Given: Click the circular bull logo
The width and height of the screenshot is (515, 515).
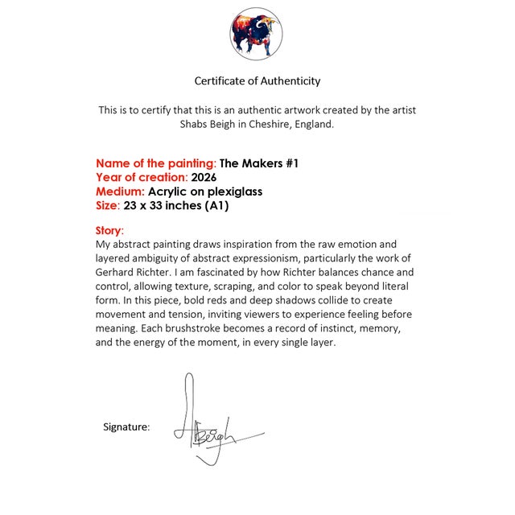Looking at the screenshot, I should pyautogui.click(x=257, y=34).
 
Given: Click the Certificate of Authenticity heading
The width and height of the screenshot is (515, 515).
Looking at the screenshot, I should pyautogui.click(x=257, y=81).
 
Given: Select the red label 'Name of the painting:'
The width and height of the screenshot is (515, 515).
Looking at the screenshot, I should pyautogui.click(x=156, y=163).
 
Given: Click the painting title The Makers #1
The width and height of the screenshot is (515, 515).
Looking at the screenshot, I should pyautogui.click(x=259, y=163).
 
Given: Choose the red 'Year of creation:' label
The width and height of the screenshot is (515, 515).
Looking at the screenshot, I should pyautogui.click(x=142, y=177).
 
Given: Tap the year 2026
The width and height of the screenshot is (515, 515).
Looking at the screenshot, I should pyautogui.click(x=204, y=177).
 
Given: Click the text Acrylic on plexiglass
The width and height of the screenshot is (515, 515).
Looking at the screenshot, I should pyautogui.click(x=205, y=192).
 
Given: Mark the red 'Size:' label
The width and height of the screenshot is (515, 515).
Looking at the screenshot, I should pyautogui.click(x=108, y=206).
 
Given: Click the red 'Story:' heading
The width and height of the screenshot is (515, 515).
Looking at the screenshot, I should pyautogui.click(x=109, y=231).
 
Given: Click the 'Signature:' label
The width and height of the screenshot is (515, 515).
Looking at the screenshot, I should pyautogui.click(x=126, y=427).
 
